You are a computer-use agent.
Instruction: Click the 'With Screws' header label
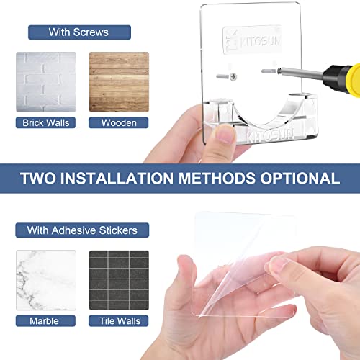(79, 32)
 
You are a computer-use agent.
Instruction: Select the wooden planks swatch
(118, 80)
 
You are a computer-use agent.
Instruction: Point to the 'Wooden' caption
(118, 122)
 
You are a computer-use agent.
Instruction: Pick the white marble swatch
(46, 279)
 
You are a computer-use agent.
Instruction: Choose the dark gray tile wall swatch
(118, 279)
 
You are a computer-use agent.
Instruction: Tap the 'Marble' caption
(46, 320)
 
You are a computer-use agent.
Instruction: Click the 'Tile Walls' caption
(118, 320)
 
